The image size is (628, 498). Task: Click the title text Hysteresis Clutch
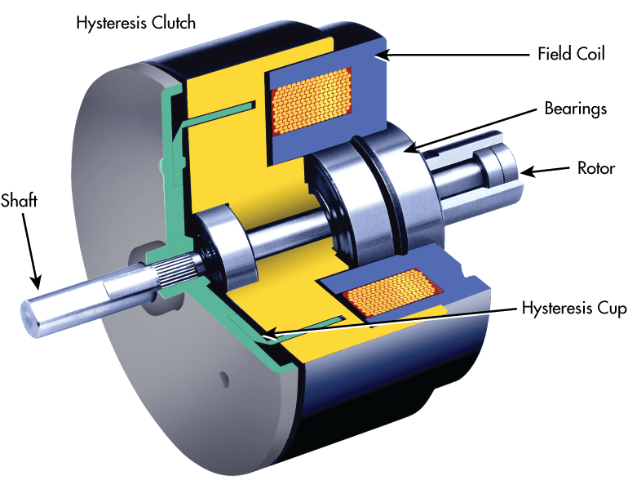pos(135,23)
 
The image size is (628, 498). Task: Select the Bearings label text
pos(576,109)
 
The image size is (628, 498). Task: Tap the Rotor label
pos(596,169)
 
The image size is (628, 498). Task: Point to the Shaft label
pos(19,199)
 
